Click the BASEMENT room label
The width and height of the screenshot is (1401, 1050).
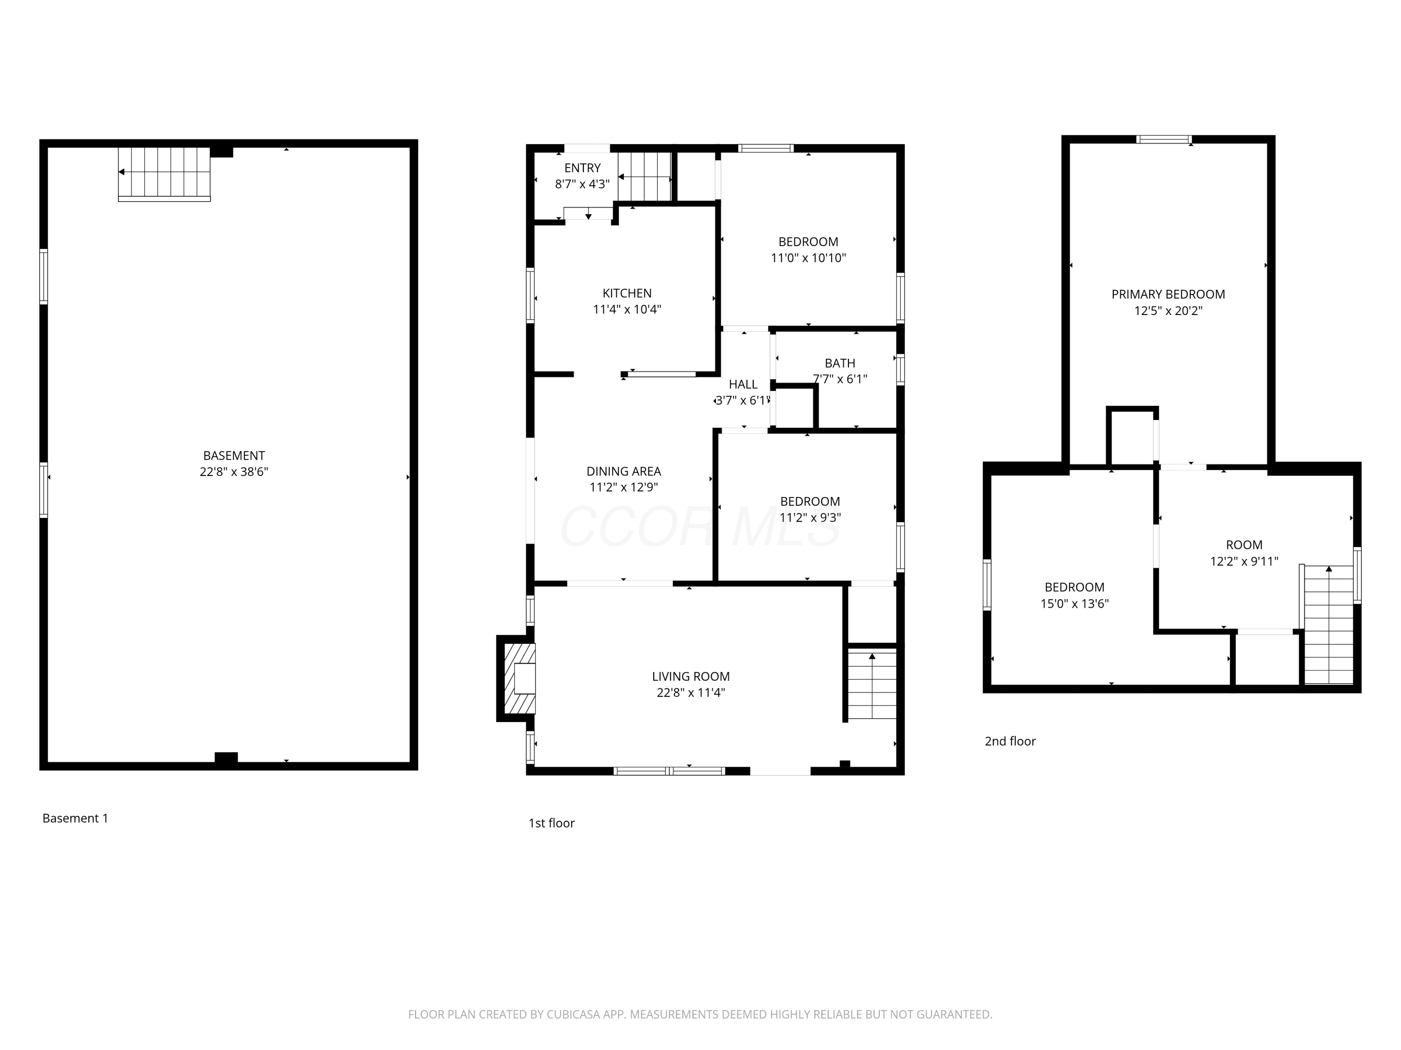click(x=233, y=455)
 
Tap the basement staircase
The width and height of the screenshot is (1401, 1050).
click(x=164, y=174)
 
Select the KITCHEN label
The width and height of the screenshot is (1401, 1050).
click(x=627, y=294)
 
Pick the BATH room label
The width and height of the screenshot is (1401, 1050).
click(x=840, y=363)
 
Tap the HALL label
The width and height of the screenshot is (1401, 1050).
click(x=743, y=384)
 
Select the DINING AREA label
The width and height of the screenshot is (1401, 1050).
click(x=624, y=471)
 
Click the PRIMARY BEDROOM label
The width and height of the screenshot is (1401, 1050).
click(x=1168, y=294)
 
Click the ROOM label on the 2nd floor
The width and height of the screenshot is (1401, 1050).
click(x=1245, y=545)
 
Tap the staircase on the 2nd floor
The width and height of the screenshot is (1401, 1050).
click(x=1329, y=624)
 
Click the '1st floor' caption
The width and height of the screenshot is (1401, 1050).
click(x=552, y=823)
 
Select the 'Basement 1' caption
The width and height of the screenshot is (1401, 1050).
click(x=75, y=819)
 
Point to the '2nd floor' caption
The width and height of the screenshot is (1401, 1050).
click(x=1010, y=741)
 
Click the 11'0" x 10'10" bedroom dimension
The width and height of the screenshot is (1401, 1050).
click(x=809, y=258)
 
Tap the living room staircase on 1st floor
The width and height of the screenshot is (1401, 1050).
click(x=872, y=684)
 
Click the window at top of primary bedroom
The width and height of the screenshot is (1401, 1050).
click(x=1164, y=139)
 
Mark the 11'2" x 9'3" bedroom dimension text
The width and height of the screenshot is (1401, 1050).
click(x=810, y=518)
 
